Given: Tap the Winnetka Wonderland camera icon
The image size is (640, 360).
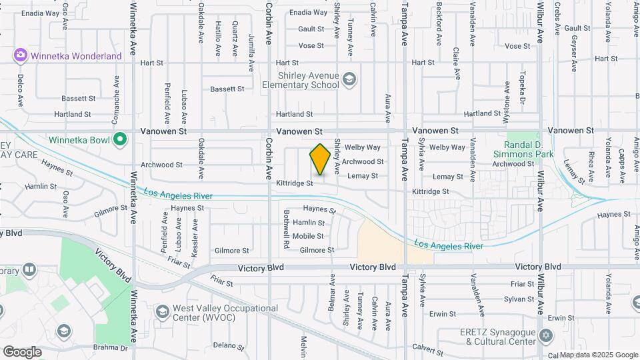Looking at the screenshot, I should [x=21, y=55].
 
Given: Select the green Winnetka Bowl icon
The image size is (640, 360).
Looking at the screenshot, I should [x=120, y=139].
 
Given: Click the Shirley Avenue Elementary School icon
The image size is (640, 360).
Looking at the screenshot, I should [x=348, y=80].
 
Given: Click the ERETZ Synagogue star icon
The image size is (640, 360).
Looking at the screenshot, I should [x=546, y=335].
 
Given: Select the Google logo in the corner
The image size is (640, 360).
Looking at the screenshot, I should [x=22, y=351].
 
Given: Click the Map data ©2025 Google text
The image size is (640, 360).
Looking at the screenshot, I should [x=598, y=355].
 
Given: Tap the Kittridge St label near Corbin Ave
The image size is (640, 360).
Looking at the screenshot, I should [x=295, y=183].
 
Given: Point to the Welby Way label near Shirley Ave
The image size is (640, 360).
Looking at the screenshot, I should [x=363, y=147].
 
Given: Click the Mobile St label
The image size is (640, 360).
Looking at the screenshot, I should [x=308, y=236].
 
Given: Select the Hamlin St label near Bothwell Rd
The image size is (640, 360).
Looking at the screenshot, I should [x=308, y=223].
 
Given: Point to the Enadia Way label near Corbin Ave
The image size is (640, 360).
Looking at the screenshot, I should [x=309, y=13].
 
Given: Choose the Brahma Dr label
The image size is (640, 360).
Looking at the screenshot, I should [x=110, y=348].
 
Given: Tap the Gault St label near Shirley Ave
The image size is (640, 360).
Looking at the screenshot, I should [x=311, y=29].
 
